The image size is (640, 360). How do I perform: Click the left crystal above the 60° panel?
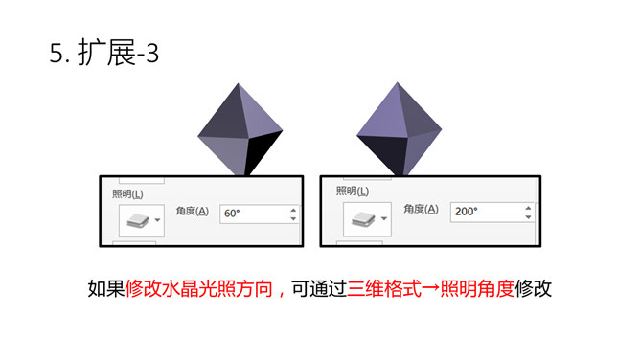click(x=240, y=129)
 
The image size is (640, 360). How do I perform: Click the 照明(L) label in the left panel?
click(x=128, y=192)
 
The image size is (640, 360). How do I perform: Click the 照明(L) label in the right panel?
click(x=354, y=191)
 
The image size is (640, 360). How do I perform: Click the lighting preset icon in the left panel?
click(x=134, y=220)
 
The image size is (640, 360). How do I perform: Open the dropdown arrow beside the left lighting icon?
click(x=157, y=220)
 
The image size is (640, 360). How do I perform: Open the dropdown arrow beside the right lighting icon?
click(x=383, y=219)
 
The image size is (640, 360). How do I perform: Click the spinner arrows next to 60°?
click(x=293, y=214)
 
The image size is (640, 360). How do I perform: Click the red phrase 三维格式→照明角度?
click(x=429, y=288)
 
